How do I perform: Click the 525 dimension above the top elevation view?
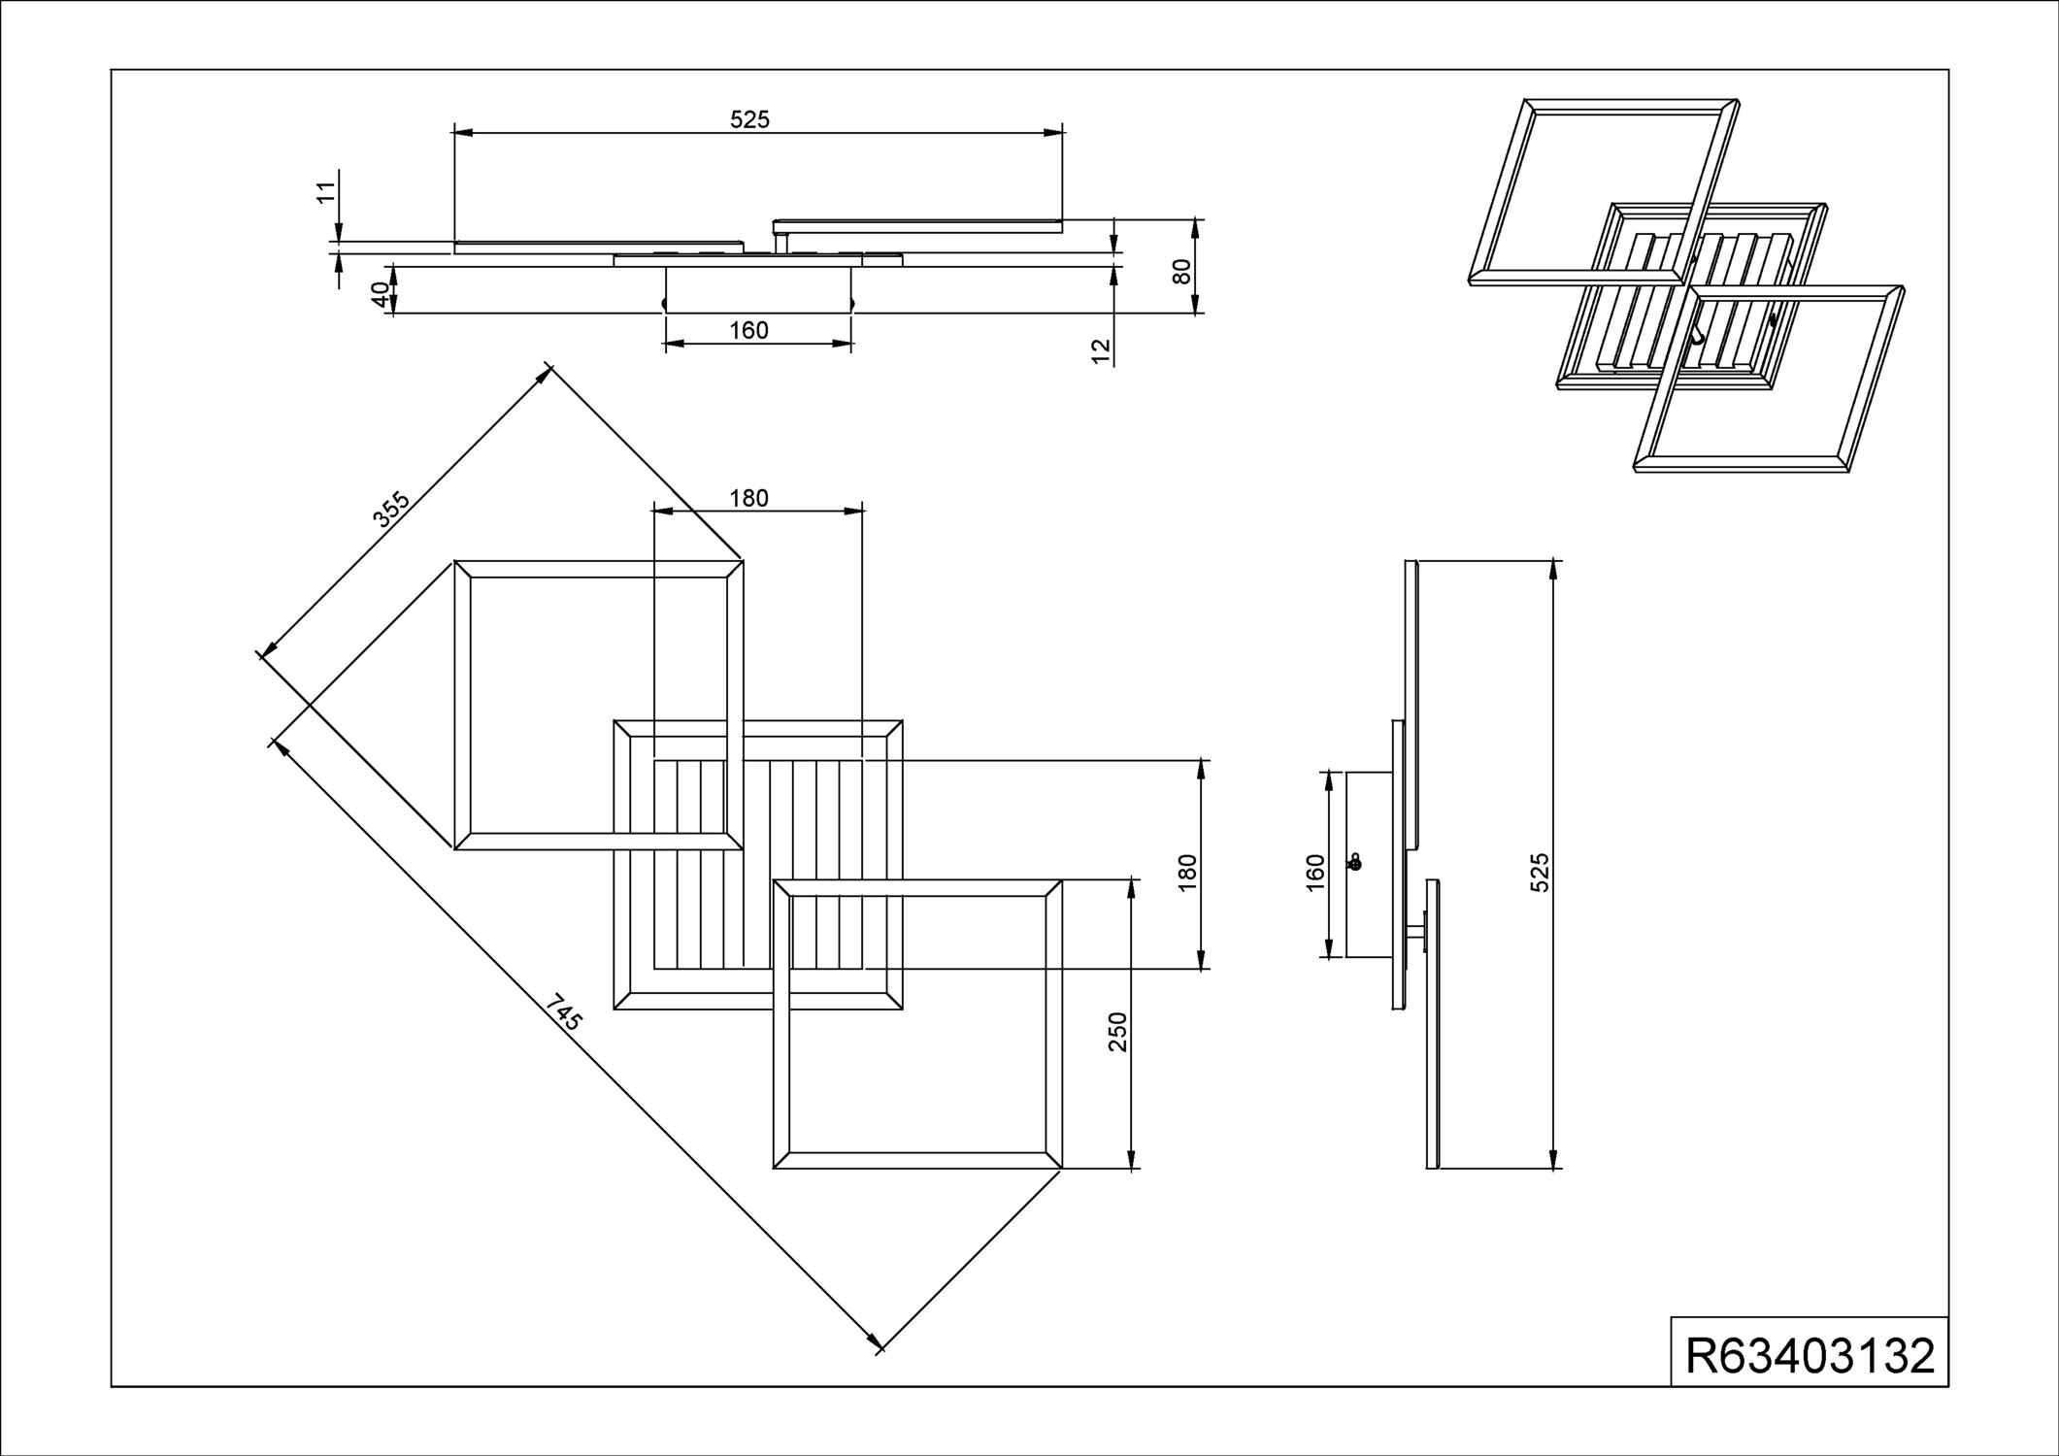click(x=749, y=119)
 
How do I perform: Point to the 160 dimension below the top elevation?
click(x=748, y=331)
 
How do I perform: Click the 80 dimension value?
click(x=1181, y=272)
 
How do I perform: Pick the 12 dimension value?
click(x=1100, y=350)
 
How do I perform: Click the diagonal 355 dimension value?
click(x=391, y=511)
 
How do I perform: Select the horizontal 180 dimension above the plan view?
click(x=748, y=498)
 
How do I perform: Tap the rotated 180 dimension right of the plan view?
click(x=1186, y=874)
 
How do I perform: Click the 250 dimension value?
click(x=1117, y=1032)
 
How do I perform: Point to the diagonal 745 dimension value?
click(x=563, y=1012)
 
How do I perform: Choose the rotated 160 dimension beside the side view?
click(x=1315, y=873)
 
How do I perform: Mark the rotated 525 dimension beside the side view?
click(x=1540, y=873)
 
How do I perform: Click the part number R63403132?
click(x=1810, y=1356)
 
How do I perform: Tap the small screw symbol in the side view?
click(x=1354, y=861)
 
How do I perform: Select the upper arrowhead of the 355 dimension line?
click(x=545, y=373)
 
